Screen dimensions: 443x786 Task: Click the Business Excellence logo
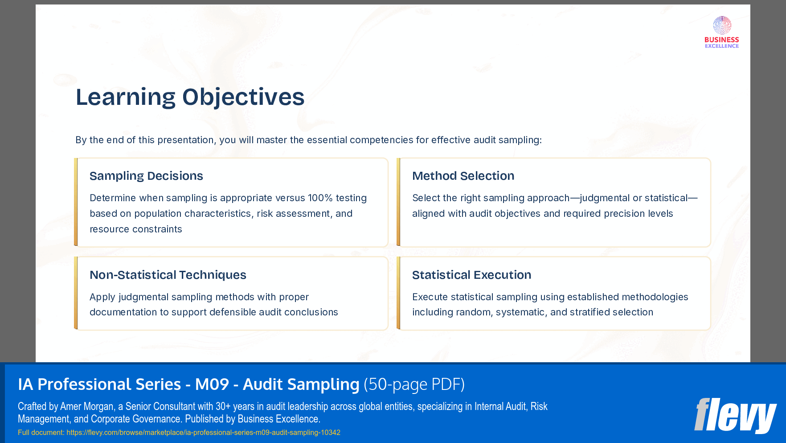pyautogui.click(x=721, y=32)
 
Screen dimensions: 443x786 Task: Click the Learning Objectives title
pyautogui.click(x=190, y=97)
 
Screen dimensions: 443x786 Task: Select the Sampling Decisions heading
pyautogui.click(x=146, y=176)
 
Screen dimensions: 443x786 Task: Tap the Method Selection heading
pyautogui.click(x=463, y=176)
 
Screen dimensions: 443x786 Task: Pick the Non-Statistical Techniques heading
pyautogui.click(x=168, y=275)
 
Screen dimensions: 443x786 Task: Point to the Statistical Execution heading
pyautogui.click(x=471, y=275)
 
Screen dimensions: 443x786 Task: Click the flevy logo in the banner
pyautogui.click(x=735, y=415)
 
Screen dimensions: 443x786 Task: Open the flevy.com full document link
pyautogui.click(x=203, y=432)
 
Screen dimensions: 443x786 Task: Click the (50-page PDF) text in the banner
pyautogui.click(x=414, y=385)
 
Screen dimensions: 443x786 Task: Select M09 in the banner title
pyautogui.click(x=212, y=385)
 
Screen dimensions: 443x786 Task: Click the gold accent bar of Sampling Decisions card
pyautogui.click(x=76, y=202)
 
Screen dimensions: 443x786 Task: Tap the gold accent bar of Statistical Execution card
pyautogui.click(x=398, y=293)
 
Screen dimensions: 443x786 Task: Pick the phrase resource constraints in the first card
pyautogui.click(x=136, y=229)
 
